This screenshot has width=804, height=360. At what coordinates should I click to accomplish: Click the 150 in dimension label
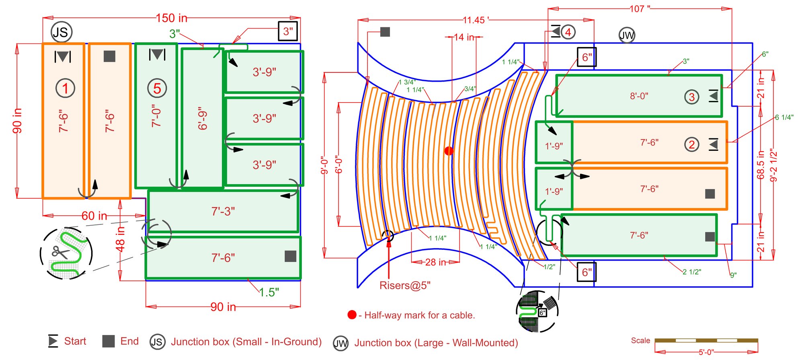point(172,18)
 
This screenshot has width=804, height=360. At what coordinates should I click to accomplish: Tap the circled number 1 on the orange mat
point(65,88)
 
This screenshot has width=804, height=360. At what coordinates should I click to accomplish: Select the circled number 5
point(157,88)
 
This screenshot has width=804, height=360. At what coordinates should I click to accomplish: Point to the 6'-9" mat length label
point(203,119)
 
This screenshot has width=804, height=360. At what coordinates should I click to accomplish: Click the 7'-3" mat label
point(223,211)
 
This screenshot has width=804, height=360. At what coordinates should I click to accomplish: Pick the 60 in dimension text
point(94,216)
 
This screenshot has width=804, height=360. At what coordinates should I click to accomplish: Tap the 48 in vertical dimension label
point(120,239)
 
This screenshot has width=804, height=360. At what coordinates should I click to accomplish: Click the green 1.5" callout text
point(269,292)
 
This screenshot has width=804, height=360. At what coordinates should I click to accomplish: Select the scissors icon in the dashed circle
point(60,252)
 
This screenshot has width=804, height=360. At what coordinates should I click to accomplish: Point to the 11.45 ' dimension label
point(476,20)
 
